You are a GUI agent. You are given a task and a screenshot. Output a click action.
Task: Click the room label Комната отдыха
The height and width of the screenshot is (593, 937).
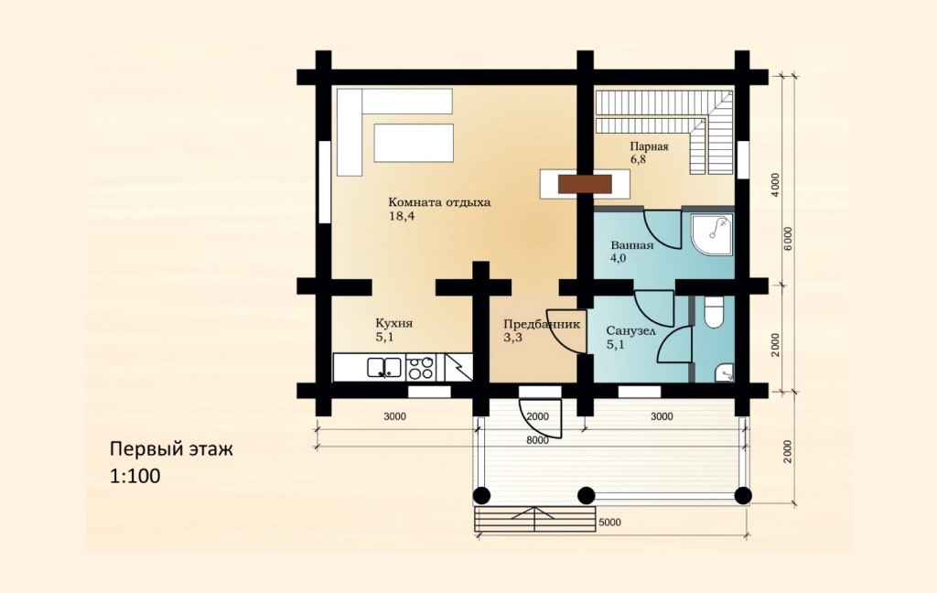(x=439, y=202)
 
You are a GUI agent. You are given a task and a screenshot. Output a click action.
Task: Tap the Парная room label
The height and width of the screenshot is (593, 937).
(x=649, y=146)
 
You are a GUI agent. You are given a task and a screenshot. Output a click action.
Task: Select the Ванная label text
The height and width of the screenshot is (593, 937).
(x=631, y=245)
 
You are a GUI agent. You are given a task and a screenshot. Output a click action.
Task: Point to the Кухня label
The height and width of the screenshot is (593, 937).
(x=393, y=323)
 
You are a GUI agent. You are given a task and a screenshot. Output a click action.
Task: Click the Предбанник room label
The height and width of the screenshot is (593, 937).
(x=542, y=324)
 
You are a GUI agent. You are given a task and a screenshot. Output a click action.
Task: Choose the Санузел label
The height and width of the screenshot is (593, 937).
(x=631, y=331)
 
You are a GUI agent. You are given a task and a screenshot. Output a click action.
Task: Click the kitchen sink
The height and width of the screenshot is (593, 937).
(x=384, y=367)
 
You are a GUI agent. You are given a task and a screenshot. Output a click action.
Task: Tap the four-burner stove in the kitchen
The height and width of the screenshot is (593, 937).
(x=421, y=367)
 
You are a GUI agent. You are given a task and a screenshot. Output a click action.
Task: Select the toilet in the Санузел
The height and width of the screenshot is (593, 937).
(x=714, y=312)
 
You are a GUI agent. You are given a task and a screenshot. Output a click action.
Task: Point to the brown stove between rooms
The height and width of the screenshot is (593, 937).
(x=585, y=184)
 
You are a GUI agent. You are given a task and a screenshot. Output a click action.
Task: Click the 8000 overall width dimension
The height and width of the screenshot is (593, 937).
(x=537, y=440)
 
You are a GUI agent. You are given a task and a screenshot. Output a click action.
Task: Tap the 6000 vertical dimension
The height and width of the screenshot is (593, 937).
(x=788, y=239)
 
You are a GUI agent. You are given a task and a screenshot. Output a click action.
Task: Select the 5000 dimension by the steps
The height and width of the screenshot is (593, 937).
(x=609, y=523)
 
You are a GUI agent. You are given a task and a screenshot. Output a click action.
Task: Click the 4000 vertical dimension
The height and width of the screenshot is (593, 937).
(x=775, y=185)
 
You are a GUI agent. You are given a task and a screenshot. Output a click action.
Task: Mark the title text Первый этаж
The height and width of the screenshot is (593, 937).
(x=171, y=448)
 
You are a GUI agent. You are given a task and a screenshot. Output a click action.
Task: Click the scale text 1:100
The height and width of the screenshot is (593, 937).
(x=135, y=476)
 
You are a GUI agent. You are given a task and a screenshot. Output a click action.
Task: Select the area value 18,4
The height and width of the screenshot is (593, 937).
(x=402, y=216)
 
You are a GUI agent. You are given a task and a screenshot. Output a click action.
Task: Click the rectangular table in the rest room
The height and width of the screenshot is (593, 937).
(x=414, y=143)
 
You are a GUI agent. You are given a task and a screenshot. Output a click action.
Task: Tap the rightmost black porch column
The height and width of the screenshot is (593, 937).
(x=743, y=496)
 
